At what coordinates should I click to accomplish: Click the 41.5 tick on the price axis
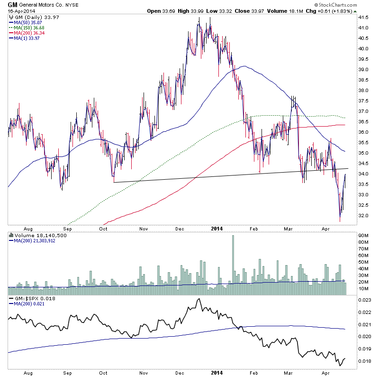point(364,17)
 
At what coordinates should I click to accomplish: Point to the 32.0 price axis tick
point(364,215)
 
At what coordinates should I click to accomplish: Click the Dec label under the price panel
point(180,228)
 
